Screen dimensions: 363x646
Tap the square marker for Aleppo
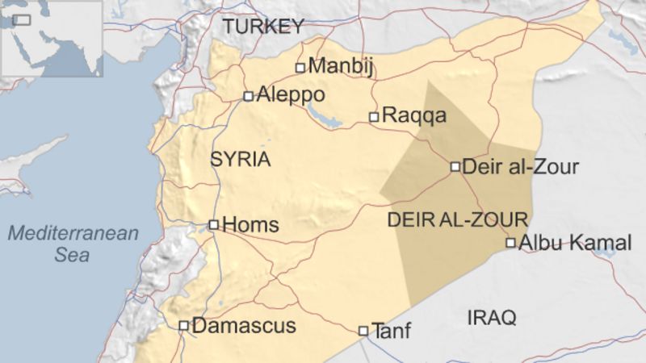point(249,96)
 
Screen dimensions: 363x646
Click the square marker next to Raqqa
point(374,117)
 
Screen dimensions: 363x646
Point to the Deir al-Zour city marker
point(455,167)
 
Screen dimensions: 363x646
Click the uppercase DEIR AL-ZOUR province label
point(458,219)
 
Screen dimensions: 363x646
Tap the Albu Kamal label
point(574,242)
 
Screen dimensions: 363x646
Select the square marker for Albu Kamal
point(510,243)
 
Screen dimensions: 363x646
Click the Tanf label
point(391,330)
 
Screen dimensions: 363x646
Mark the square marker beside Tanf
point(363,331)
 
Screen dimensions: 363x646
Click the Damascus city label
point(245,326)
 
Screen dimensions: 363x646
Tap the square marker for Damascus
point(184,326)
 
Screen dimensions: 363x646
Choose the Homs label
point(250,225)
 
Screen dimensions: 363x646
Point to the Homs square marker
point(213,225)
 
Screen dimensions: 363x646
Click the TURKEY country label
point(263,27)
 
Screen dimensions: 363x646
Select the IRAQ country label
point(491,318)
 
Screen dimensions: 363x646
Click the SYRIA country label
point(240,159)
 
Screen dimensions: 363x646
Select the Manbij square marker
point(300,68)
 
